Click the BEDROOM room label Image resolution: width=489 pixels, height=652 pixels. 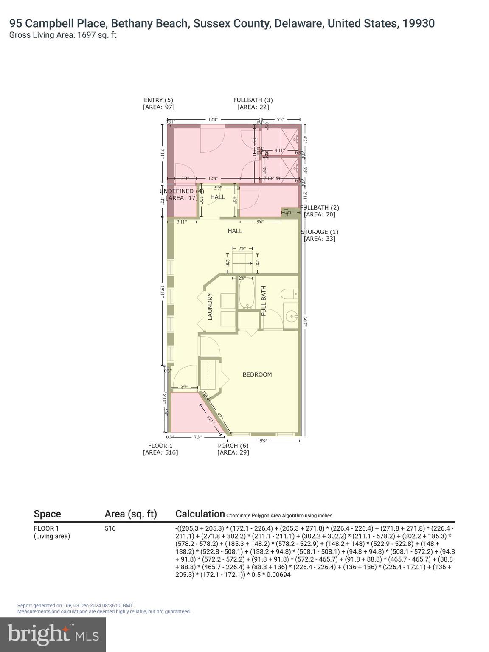[x=257, y=374]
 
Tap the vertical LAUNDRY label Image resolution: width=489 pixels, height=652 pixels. [x=209, y=306]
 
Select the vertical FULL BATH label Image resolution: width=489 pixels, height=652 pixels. [x=264, y=301]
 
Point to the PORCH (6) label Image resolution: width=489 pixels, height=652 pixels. [x=233, y=446]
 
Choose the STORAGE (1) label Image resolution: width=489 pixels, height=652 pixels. [x=320, y=232]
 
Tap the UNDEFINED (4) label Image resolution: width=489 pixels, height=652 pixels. [x=182, y=191]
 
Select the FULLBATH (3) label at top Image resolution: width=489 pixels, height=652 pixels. [x=253, y=100]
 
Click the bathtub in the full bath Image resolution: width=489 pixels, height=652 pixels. [x=246, y=293]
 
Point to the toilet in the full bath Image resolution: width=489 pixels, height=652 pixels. [x=290, y=294]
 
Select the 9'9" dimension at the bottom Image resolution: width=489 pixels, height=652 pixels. [x=263, y=441]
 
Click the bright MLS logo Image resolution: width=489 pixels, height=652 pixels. [x=53, y=634]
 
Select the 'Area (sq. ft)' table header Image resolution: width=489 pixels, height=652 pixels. [x=131, y=514]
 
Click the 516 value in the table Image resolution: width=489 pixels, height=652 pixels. [x=110, y=528]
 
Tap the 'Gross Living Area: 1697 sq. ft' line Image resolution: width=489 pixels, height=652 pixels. [x=63, y=35]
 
